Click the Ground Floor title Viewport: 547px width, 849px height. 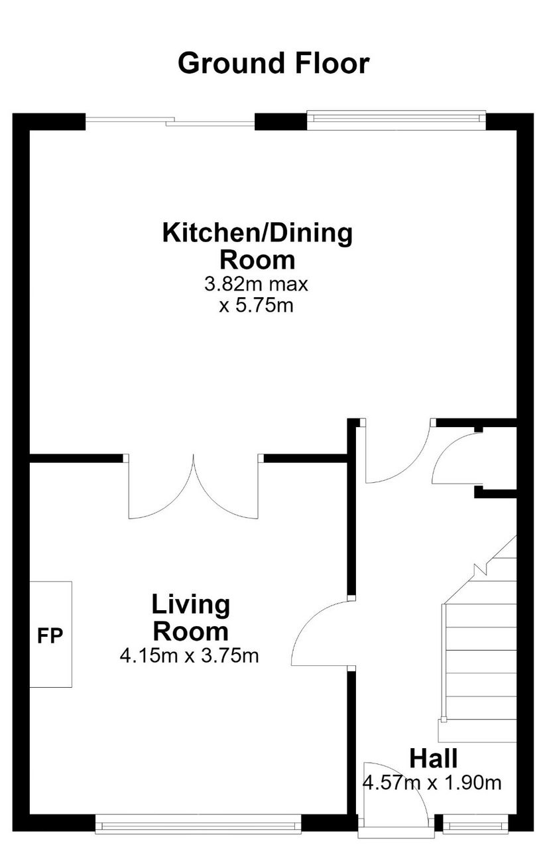click(273, 63)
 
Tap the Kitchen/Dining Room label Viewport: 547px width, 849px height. click(258, 246)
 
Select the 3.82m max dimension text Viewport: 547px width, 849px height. click(257, 284)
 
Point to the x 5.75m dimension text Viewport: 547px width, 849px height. click(257, 306)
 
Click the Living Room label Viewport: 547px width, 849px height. click(190, 618)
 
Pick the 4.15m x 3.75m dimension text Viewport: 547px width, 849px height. click(190, 656)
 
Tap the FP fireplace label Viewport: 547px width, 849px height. click(50, 636)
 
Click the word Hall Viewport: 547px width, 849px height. click(434, 758)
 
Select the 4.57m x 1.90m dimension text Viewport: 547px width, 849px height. click(432, 782)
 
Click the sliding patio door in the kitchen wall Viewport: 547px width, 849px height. click(170, 121)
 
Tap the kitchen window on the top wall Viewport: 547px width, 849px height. click(396, 120)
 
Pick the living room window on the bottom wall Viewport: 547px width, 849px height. click(198, 824)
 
